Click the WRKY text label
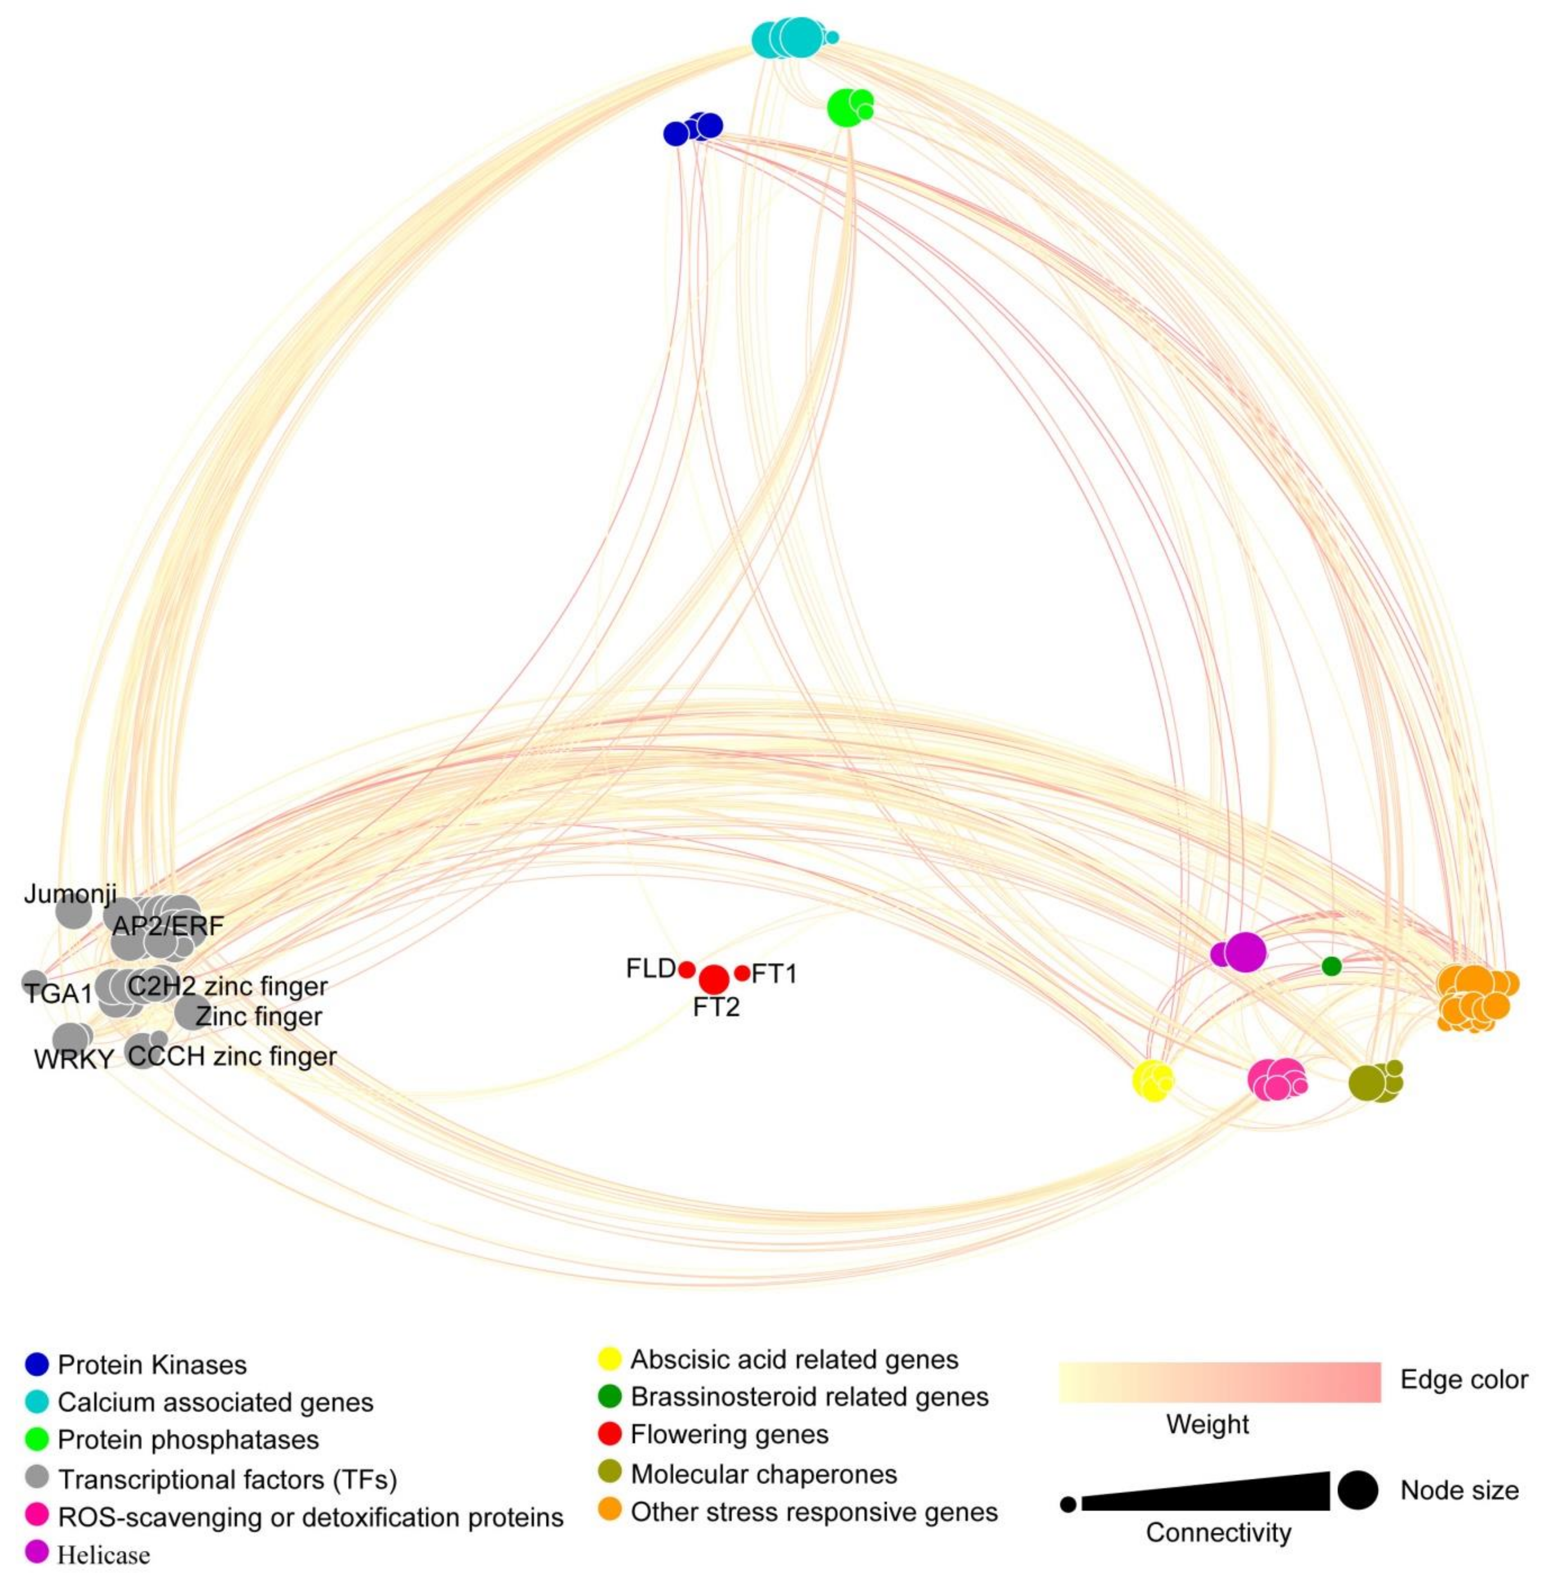(73, 1060)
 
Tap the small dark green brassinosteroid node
(1331, 966)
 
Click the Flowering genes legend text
(729, 1435)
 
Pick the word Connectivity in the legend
(1218, 1533)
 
